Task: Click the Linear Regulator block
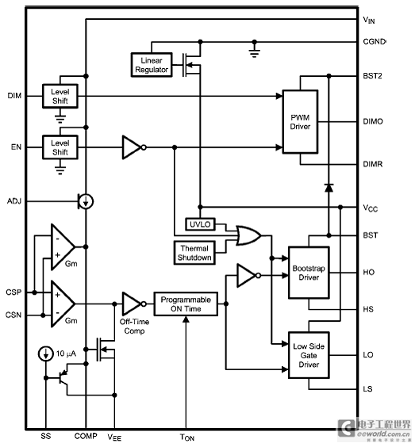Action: (152, 65)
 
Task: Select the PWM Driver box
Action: (300, 122)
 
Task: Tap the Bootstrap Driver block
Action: (309, 273)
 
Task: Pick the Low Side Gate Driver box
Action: (309, 355)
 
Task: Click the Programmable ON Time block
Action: (186, 304)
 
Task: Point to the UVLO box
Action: (200, 224)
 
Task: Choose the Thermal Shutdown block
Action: (194, 253)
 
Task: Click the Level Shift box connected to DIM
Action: (60, 96)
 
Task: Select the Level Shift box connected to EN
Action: (60, 147)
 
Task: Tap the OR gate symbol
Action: (248, 235)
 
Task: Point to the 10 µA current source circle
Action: (46, 353)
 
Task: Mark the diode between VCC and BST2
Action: (329, 188)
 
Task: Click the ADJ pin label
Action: (14, 201)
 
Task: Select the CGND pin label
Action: (375, 42)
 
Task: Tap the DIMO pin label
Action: (373, 122)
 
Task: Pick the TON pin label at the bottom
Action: (187, 437)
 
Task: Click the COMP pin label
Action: (86, 436)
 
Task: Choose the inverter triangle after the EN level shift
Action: (134, 147)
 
